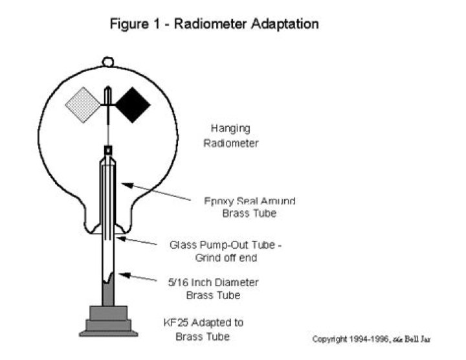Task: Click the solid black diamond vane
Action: pos(132,105)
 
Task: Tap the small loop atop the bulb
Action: pos(108,62)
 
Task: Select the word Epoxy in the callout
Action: pos(217,200)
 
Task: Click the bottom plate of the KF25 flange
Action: pos(108,333)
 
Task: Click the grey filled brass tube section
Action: pos(108,295)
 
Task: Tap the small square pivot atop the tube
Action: pos(108,150)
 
